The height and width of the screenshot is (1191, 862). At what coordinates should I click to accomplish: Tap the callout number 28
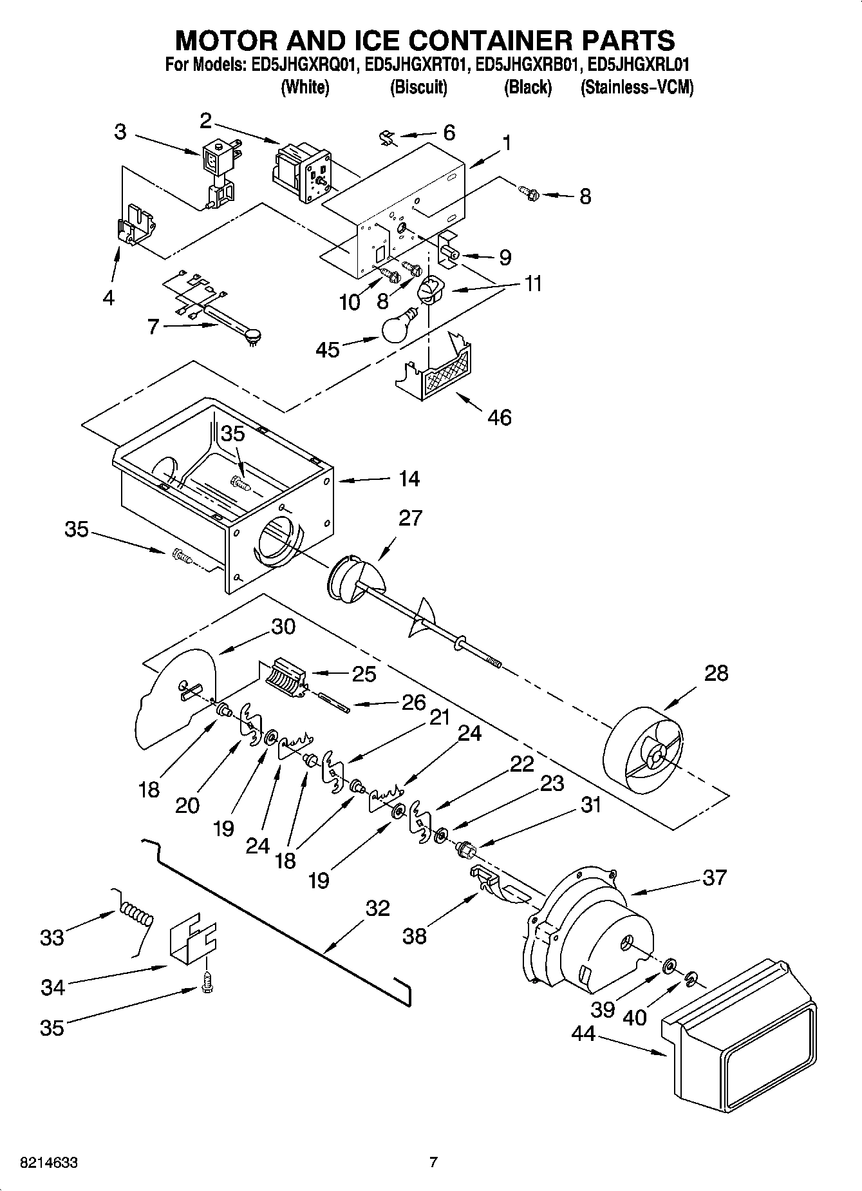pos(716,673)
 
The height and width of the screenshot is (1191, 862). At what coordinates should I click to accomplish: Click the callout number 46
pos(500,417)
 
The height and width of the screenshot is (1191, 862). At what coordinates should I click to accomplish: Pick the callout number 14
pos(409,479)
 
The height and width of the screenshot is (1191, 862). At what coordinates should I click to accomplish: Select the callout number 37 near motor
pos(714,877)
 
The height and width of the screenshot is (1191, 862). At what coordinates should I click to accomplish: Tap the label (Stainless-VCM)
pos(637,88)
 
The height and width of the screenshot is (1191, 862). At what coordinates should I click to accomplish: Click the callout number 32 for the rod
pos(378,908)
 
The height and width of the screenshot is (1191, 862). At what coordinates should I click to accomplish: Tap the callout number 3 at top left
pos(120,132)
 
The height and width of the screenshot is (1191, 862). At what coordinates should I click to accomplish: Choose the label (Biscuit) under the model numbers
pos(418,88)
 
